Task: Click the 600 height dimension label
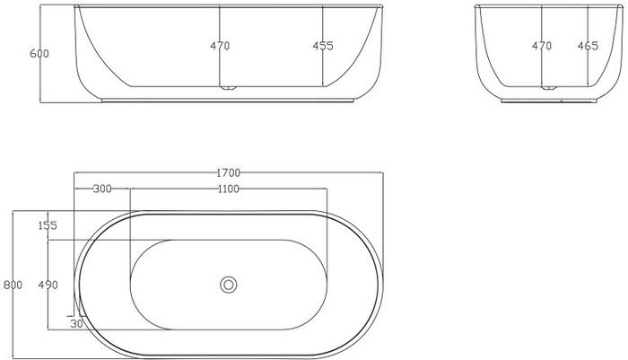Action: click(39, 53)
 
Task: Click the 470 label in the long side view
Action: click(220, 46)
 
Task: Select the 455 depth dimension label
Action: click(323, 46)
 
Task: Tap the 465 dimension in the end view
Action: click(588, 46)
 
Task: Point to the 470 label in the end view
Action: click(542, 46)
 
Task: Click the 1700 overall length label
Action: click(228, 172)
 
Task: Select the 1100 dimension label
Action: click(228, 189)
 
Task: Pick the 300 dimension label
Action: click(102, 189)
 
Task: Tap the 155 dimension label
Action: click(48, 225)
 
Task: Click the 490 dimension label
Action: click(48, 285)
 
